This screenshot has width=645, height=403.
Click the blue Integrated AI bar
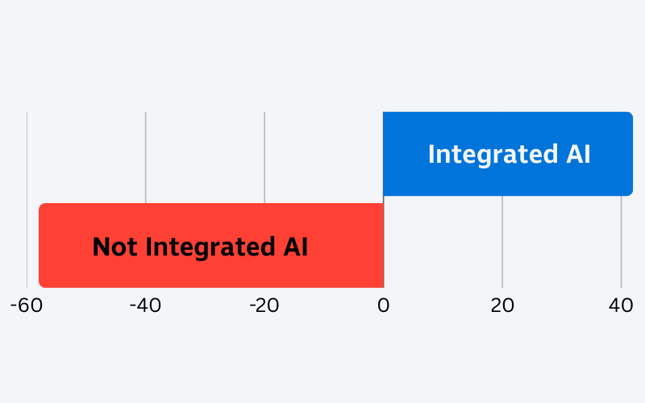pos(508,154)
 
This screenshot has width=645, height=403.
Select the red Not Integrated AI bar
pos(211,246)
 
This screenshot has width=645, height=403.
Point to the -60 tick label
pos(27,305)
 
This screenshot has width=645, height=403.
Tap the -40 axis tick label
pos(145,305)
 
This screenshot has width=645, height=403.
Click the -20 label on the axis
pos(264,305)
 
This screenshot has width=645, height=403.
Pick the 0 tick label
pos(384,305)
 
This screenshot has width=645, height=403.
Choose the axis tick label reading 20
pos(502,305)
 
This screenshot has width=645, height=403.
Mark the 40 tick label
pos(621,305)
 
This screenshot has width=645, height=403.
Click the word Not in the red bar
pos(114,247)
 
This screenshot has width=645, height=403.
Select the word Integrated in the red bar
pos(210,247)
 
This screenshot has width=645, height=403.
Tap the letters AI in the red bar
pos(295,247)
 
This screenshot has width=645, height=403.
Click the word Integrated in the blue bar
pos(493,155)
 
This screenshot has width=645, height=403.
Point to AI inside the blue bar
pos(578,154)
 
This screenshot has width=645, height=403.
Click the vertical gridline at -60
pos(27,200)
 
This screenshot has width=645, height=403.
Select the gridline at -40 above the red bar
pos(146,157)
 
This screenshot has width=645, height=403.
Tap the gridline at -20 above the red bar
pos(264,157)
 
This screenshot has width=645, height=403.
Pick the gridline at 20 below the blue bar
pos(502,242)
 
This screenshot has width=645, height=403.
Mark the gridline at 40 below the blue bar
pos(621,242)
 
